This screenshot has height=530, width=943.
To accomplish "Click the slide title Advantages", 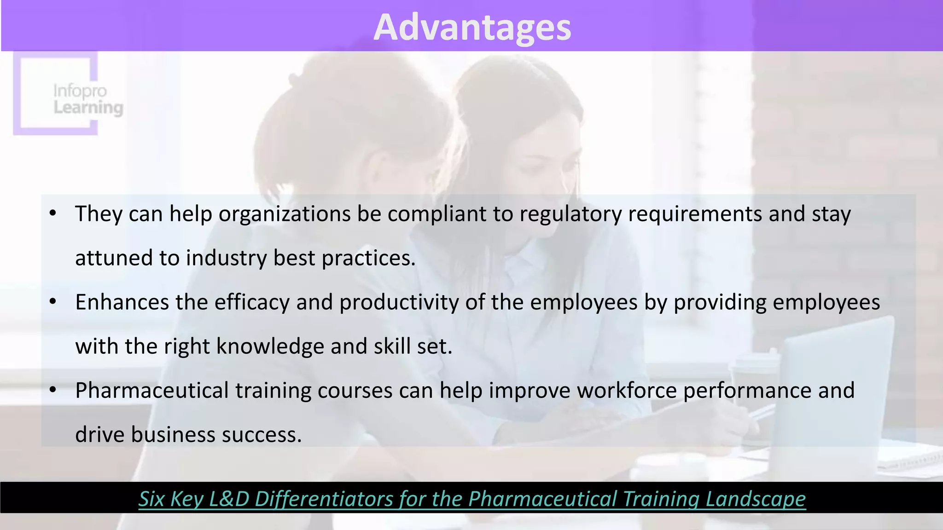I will coord(472,28).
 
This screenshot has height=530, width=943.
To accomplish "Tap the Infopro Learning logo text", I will coord(87,99).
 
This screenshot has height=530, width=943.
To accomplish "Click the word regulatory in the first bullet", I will coord(570,214).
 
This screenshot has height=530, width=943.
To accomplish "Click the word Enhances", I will coord(122,302).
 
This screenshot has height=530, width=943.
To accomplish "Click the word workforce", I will coord(627,391).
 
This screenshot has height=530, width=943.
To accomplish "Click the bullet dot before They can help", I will coord(53,213).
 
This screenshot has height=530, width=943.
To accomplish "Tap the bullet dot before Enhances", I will coord(53,301).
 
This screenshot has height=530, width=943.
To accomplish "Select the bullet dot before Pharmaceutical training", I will coord(53,390).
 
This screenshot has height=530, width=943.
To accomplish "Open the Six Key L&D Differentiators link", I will coord(472,499).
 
